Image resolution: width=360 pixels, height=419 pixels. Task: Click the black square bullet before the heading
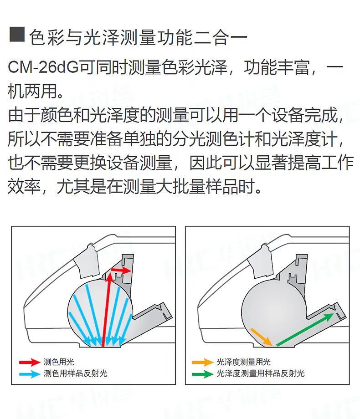[x=17, y=35]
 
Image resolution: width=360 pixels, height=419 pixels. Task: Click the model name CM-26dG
[x=43, y=67]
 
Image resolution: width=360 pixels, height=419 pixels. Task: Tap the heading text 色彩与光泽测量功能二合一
[x=138, y=37]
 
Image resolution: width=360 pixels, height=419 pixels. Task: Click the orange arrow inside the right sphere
[x=261, y=337]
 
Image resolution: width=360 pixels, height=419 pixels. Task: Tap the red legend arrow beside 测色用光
[x=30, y=363]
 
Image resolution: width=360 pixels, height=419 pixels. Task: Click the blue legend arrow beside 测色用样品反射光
[x=30, y=373]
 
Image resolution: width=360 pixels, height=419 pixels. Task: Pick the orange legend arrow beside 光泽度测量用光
[x=203, y=363]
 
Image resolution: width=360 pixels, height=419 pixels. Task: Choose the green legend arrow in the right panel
[x=203, y=373]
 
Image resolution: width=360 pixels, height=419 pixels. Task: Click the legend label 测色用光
[x=59, y=362]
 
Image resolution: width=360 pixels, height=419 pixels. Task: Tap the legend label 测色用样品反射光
[x=76, y=373]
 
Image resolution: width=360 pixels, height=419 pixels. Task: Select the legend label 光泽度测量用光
[x=243, y=362]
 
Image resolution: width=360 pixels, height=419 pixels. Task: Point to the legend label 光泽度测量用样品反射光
[x=261, y=373]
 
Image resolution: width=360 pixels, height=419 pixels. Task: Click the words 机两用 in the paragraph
[x=32, y=91]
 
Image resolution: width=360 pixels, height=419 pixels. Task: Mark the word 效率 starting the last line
[x=24, y=187]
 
